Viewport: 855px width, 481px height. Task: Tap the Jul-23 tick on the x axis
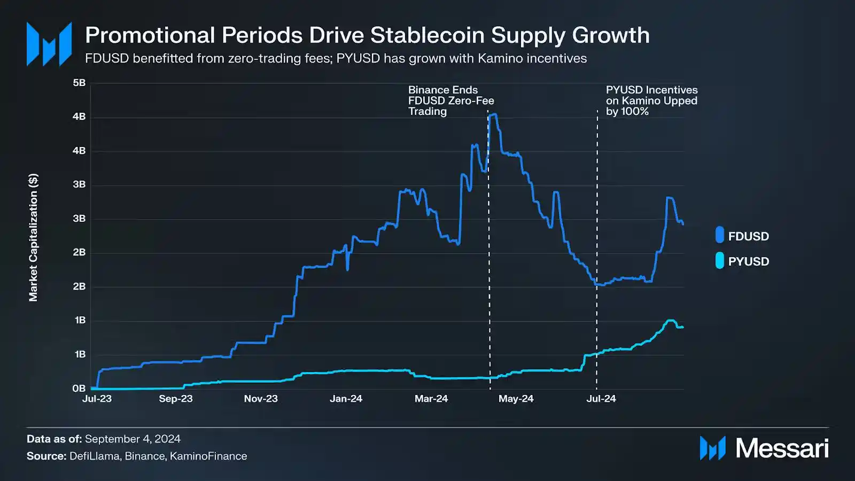tap(97, 399)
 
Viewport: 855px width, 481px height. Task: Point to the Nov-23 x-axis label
tap(261, 399)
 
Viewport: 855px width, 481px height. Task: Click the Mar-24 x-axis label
tap(431, 399)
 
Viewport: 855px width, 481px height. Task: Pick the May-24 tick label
tap(516, 399)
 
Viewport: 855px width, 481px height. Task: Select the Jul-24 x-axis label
tap(601, 399)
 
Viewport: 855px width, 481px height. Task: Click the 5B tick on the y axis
tap(79, 83)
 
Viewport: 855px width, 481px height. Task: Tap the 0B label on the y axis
tap(79, 389)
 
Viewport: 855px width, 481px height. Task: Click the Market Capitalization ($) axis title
tap(33, 237)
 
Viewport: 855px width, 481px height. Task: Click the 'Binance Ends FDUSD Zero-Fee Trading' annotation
tap(450, 100)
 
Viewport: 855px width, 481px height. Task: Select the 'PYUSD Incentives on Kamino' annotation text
tap(651, 100)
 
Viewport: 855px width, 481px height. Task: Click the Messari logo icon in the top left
tap(49, 44)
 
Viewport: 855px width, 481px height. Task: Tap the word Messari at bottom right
tap(782, 448)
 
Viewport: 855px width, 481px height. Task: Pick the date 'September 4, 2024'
tap(133, 439)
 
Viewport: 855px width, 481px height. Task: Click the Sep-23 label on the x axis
tap(176, 399)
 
